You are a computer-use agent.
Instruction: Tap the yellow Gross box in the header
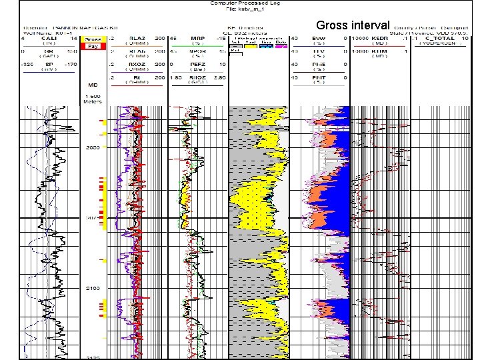coord(93,39)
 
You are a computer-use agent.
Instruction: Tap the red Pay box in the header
coord(93,47)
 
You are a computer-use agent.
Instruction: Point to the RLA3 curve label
coord(139,39)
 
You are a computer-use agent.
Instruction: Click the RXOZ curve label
coord(139,65)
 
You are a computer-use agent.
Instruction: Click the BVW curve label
coord(319,39)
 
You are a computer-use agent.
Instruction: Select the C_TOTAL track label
coord(437,39)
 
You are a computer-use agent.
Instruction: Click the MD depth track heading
coord(93,85)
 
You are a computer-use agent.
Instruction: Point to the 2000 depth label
coord(93,147)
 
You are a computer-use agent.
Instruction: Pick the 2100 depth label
coord(93,288)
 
